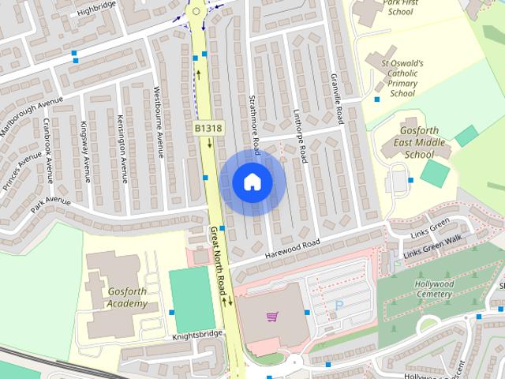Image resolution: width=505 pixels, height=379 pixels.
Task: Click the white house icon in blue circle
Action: click(x=252, y=182)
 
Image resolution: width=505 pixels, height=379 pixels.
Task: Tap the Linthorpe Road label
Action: click(x=300, y=135)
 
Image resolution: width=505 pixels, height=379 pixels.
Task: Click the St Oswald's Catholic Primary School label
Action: click(x=403, y=78)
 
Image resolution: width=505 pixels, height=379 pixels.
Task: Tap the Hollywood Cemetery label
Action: click(x=435, y=289)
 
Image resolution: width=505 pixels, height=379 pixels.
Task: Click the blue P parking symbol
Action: click(x=340, y=305)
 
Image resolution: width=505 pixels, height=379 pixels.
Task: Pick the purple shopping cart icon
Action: click(x=272, y=317)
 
